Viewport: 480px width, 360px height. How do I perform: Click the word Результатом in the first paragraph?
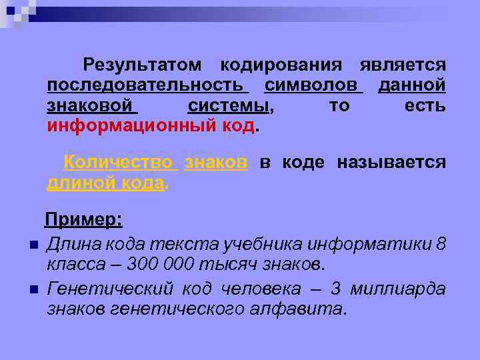tap(142, 65)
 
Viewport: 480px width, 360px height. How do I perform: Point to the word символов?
tap(312, 85)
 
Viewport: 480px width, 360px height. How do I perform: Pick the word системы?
tap(229, 106)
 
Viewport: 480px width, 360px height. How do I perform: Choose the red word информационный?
tap(136, 127)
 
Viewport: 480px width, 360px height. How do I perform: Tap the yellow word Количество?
tap(118, 163)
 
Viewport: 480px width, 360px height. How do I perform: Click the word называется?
tap(391, 163)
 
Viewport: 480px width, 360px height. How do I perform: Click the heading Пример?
tap(83, 220)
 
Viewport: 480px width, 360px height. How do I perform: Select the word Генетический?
tap(110, 288)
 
